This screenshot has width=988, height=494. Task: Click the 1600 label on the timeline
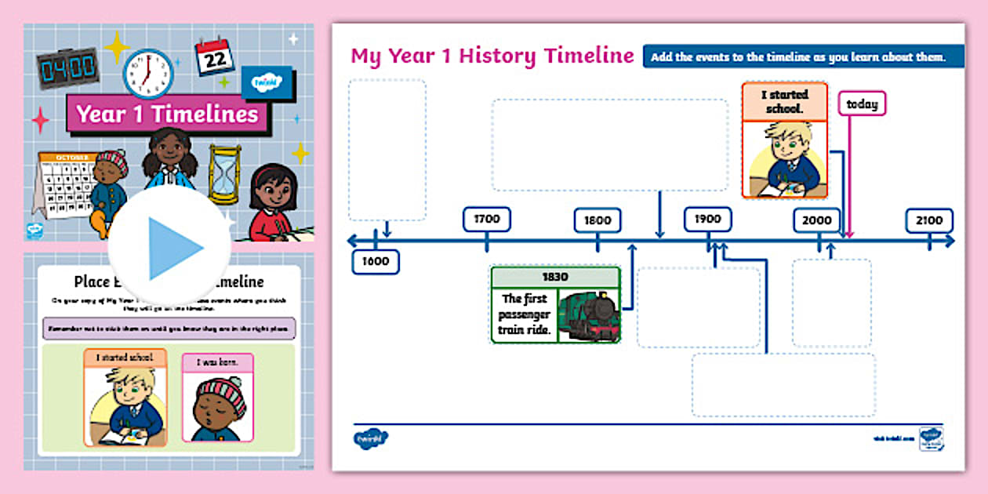coord(376,262)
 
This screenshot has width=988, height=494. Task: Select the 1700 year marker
coord(486,220)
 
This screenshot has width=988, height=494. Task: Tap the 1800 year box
coord(597,220)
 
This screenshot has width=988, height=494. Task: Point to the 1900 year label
coord(707,220)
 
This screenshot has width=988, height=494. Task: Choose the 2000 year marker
coord(817,220)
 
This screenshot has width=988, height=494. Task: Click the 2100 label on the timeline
coord(929,220)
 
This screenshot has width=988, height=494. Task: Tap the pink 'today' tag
coord(862,104)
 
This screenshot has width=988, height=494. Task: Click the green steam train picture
coord(589,315)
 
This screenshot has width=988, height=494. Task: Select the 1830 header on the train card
coord(555,278)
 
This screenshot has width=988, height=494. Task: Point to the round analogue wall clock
coord(147,73)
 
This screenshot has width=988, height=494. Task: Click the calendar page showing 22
coord(214,56)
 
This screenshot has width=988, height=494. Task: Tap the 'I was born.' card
coord(218,396)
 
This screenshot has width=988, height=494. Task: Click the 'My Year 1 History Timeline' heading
coord(492,56)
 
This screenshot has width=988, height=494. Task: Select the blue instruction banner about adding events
coord(798,56)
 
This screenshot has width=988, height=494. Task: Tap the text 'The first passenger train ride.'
coord(525,315)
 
